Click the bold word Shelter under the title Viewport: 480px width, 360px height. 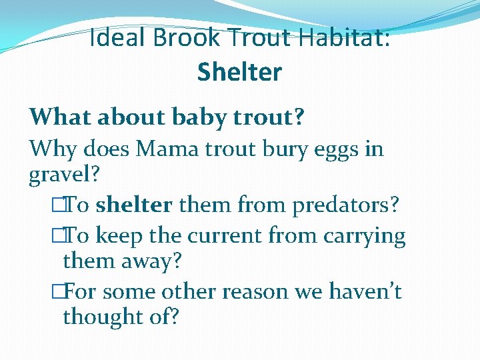239,72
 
